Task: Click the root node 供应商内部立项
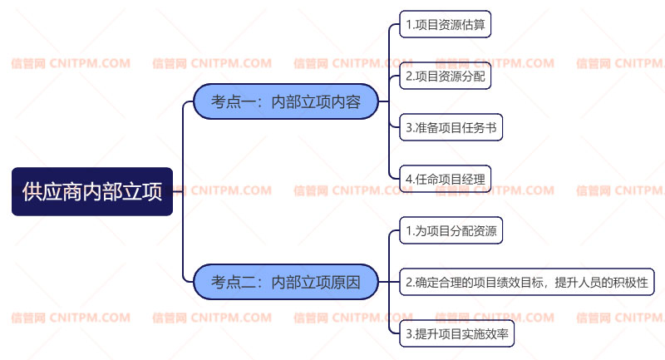click(x=92, y=191)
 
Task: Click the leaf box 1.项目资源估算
click(x=445, y=25)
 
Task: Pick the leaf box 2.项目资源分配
click(x=445, y=76)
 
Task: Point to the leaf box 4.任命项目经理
click(x=445, y=179)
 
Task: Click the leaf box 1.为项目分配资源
click(x=451, y=230)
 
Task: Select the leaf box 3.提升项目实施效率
click(x=458, y=333)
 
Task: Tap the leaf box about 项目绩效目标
click(x=527, y=282)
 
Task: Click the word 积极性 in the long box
click(x=630, y=282)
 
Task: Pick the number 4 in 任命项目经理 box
click(x=408, y=179)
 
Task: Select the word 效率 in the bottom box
click(x=497, y=333)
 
